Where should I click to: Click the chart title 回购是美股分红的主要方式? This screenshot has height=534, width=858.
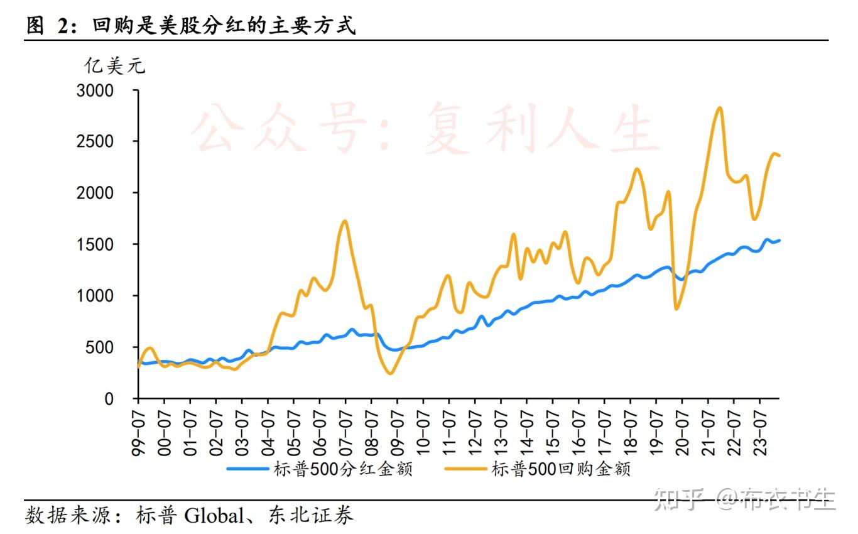tap(224, 26)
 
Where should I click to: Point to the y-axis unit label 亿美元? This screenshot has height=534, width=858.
tap(115, 65)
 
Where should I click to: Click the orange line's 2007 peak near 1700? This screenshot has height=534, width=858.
tap(344, 221)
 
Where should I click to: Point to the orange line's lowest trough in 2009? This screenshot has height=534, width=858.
tap(391, 374)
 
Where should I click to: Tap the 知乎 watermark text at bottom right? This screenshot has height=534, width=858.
tap(678, 499)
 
